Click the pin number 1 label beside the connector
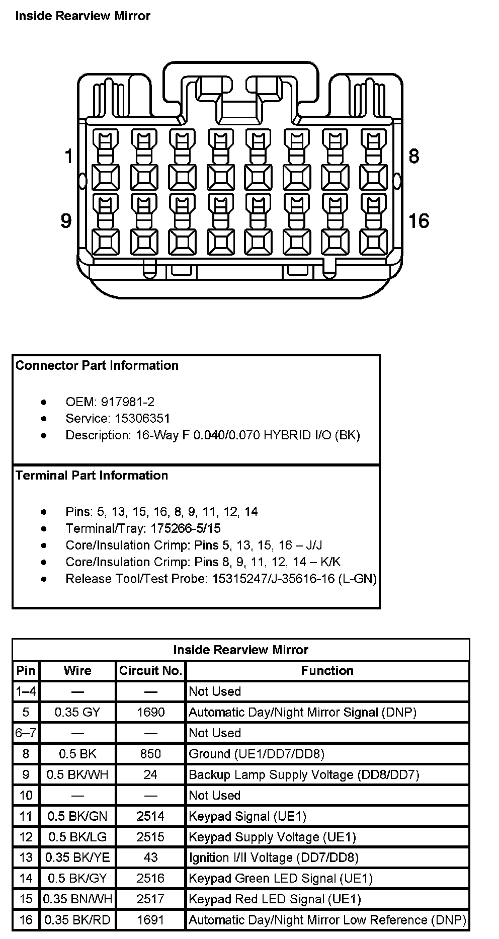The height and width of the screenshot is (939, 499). click(x=69, y=156)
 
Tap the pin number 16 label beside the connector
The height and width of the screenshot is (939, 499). click(x=419, y=220)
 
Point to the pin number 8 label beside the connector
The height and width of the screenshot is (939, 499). click(x=413, y=156)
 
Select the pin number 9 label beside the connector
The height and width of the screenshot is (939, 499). click(x=66, y=220)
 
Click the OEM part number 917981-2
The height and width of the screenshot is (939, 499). click(x=128, y=402)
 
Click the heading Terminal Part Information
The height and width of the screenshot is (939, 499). click(x=92, y=475)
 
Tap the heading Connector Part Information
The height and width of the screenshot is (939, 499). click(x=97, y=365)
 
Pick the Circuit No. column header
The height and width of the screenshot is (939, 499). click(x=150, y=670)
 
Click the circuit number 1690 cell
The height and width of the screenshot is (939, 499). click(x=150, y=712)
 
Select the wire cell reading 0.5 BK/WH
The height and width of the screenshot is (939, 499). click(x=77, y=774)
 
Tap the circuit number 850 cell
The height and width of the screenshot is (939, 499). click(x=150, y=753)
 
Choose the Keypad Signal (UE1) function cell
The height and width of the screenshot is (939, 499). click(x=247, y=816)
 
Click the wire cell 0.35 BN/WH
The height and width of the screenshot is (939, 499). click(x=77, y=899)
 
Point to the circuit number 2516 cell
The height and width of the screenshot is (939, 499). click(x=150, y=878)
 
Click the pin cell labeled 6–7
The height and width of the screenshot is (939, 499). click(x=26, y=733)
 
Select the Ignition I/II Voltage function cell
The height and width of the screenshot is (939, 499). click(x=274, y=857)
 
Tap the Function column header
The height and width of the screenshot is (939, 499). click(x=327, y=670)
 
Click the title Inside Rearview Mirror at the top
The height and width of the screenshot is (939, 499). click(x=83, y=16)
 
